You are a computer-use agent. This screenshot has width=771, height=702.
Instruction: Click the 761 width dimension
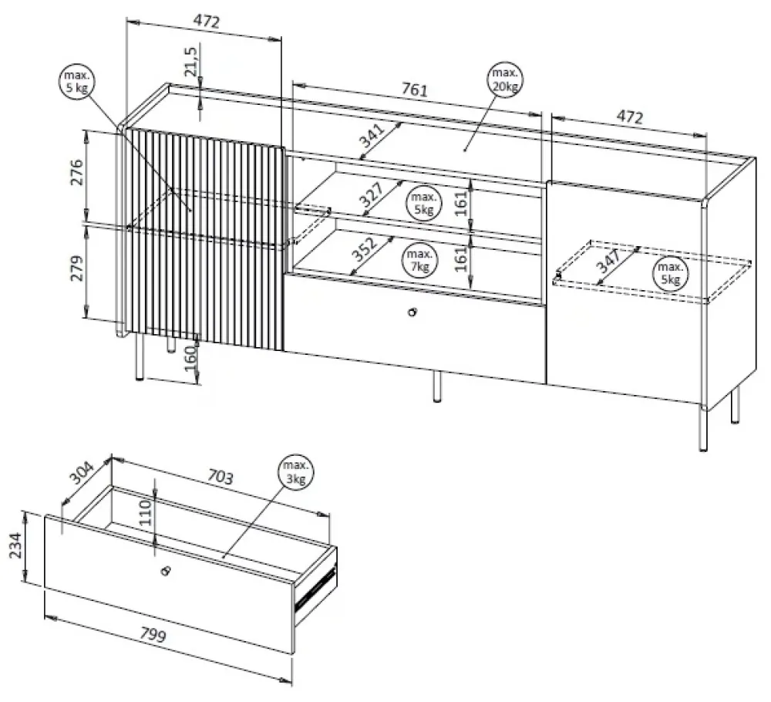tap(415, 90)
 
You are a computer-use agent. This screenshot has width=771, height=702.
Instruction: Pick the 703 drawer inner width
tap(220, 478)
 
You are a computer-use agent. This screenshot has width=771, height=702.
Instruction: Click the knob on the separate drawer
tap(164, 571)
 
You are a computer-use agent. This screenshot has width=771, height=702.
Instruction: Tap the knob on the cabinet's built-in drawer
tap(413, 312)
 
